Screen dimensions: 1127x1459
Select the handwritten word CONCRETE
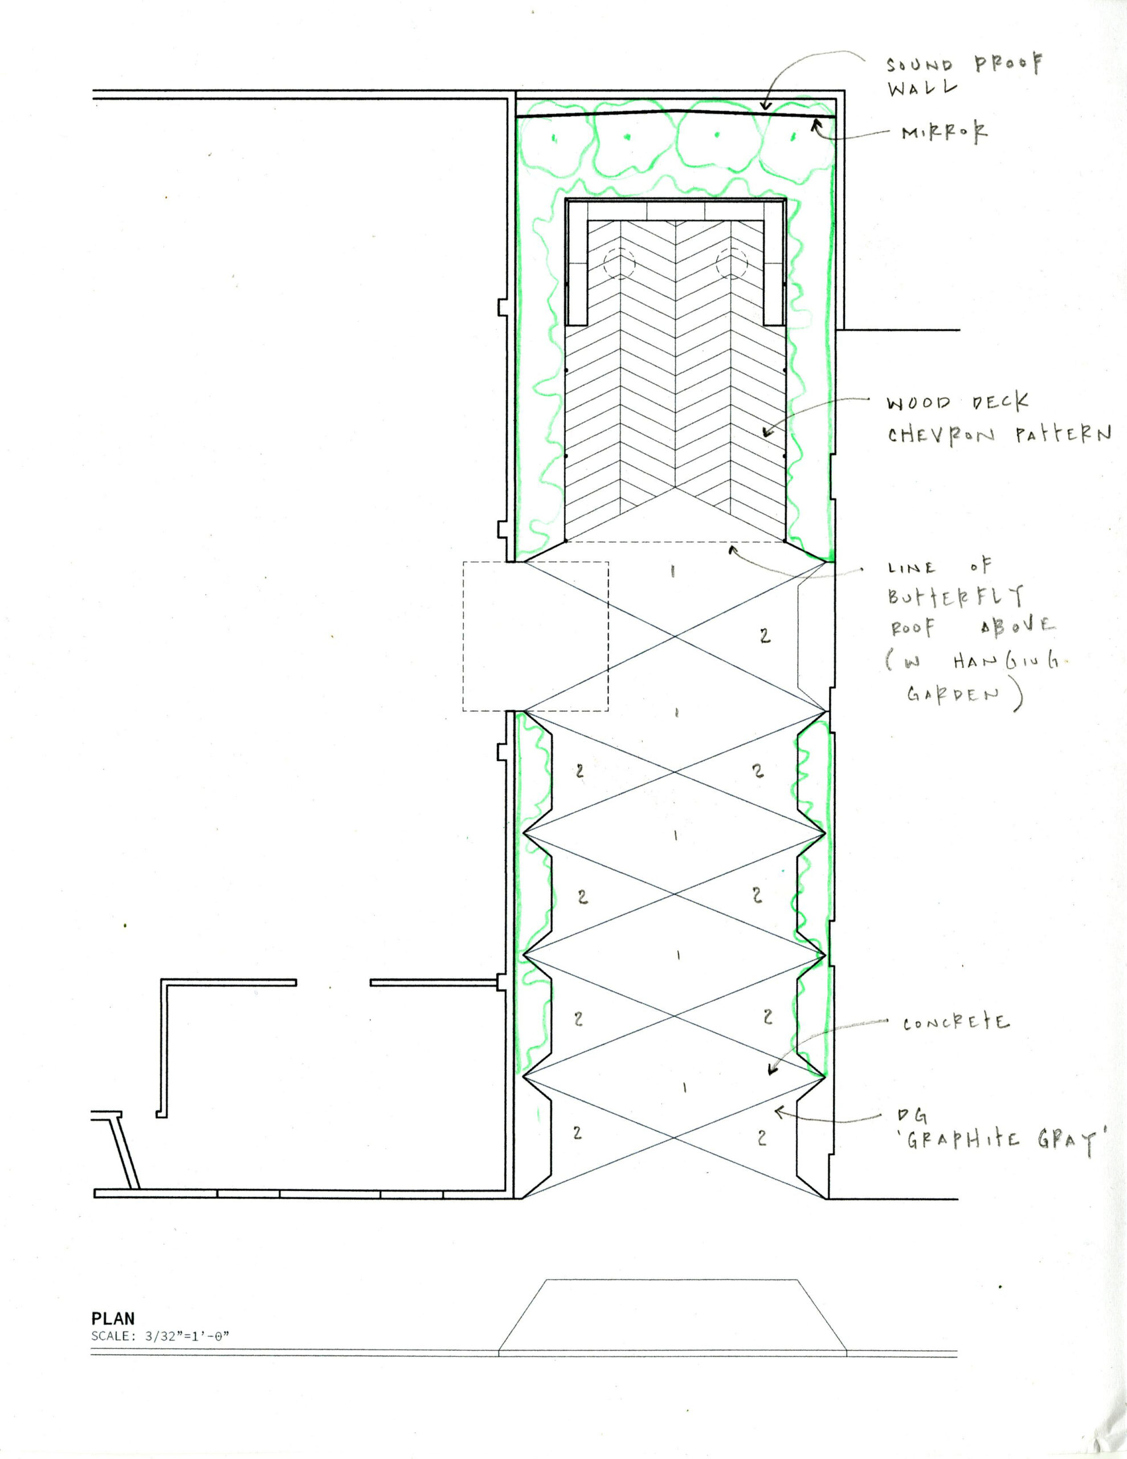click(x=956, y=1024)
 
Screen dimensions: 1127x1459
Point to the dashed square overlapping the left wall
click(x=535, y=636)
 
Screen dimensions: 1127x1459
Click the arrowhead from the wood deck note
click(x=766, y=434)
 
